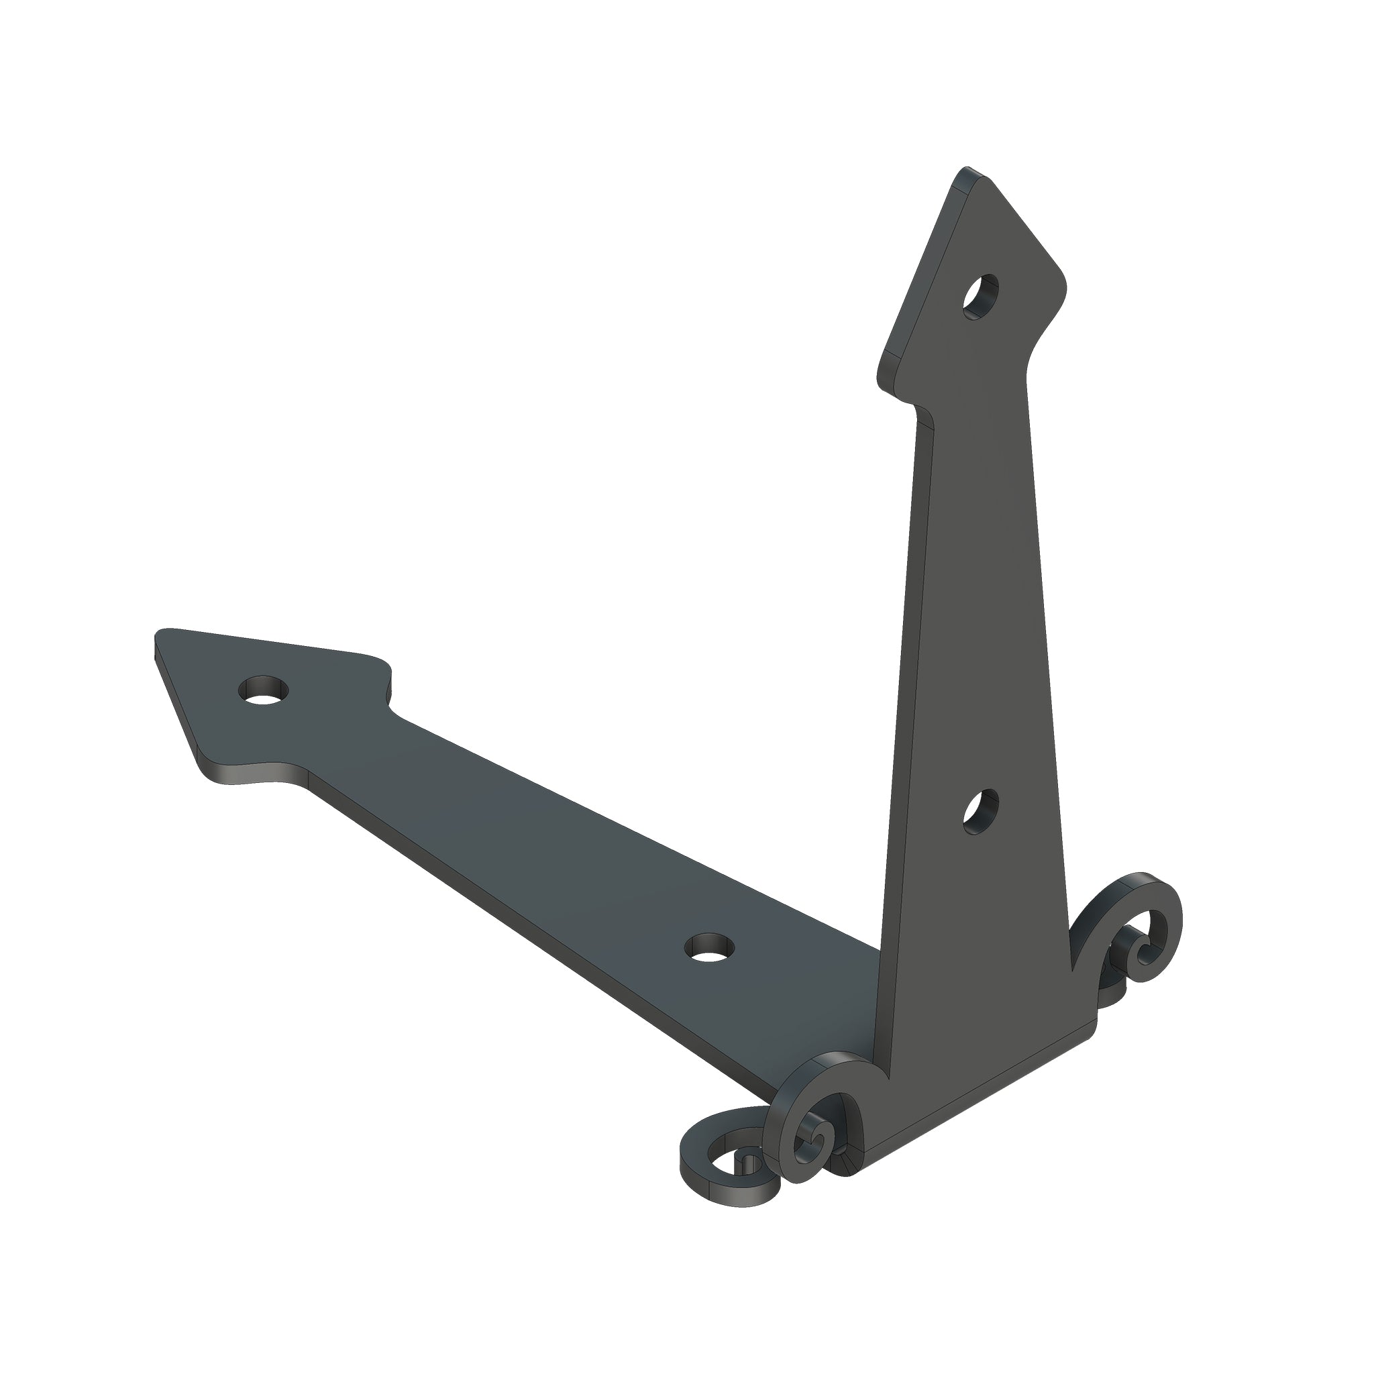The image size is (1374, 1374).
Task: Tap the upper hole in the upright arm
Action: pos(981,297)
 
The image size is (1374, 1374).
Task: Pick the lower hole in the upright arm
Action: pos(981,812)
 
